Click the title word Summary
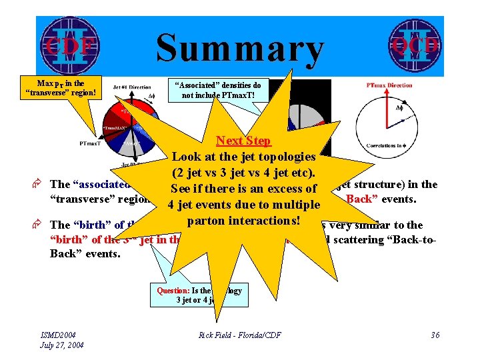click(239, 48)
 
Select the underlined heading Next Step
click(243, 141)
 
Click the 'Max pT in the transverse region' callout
click(61, 87)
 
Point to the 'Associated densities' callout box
click(217, 90)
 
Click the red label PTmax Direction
click(389, 85)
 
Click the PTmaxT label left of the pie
click(91, 143)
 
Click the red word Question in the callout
click(173, 291)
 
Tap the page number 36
click(435, 335)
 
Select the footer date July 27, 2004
click(62, 345)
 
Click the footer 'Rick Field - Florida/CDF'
click(240, 335)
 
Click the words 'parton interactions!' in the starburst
click(243, 220)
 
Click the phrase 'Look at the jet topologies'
click(243, 157)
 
